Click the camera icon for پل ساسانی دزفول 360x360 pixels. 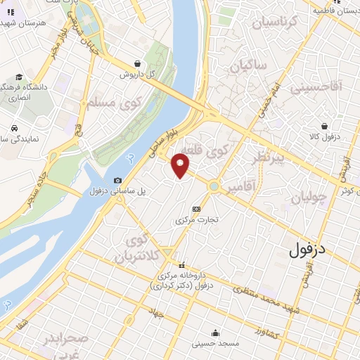coord(117,181)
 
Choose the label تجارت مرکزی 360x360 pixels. coord(198,219)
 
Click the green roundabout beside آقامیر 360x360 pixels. coord(214,186)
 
